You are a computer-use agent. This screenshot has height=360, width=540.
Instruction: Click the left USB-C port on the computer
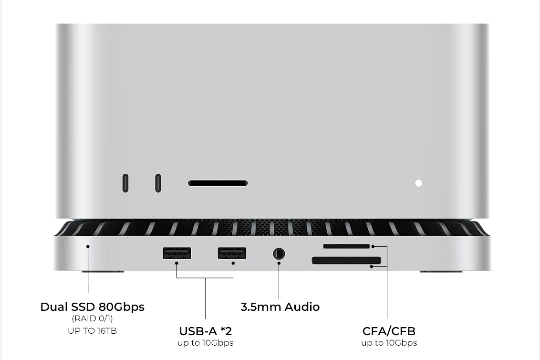pyautogui.click(x=125, y=183)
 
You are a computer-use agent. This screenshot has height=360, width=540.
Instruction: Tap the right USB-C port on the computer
pyautogui.click(x=158, y=183)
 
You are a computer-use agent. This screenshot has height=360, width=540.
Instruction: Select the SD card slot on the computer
pyautogui.click(x=218, y=183)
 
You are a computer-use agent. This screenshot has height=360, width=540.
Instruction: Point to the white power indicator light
pyautogui.click(x=418, y=183)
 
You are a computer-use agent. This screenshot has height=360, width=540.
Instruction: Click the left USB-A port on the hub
pyautogui.click(x=177, y=253)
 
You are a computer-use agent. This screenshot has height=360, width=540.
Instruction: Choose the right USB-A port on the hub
pyautogui.click(x=232, y=253)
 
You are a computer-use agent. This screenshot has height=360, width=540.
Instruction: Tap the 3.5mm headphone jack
pyautogui.click(x=279, y=253)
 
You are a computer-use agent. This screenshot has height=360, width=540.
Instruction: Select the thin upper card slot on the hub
pyautogui.click(x=346, y=246)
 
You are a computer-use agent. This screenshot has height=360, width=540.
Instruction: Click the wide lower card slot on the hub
pyautogui.click(x=346, y=260)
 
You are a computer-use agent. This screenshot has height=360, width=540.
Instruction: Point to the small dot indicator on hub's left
pyautogui.click(x=88, y=247)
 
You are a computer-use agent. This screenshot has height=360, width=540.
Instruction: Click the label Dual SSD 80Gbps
pyautogui.click(x=92, y=307)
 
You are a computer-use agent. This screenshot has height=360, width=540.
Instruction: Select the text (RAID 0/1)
pyautogui.click(x=92, y=318)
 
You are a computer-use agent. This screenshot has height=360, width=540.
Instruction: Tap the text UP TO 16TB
pyautogui.click(x=92, y=330)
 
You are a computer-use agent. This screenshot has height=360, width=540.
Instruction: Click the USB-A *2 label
pyautogui.click(x=205, y=331)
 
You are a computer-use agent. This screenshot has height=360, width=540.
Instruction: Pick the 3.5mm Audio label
pyautogui.click(x=280, y=307)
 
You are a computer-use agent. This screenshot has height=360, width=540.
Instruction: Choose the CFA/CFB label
pyautogui.click(x=389, y=331)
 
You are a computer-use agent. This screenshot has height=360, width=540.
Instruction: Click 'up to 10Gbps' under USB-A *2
pyautogui.click(x=205, y=343)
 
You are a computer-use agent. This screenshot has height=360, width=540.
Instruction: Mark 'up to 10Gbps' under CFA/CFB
pyautogui.click(x=389, y=343)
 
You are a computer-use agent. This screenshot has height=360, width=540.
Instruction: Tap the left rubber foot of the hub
pyautogui.click(x=103, y=272)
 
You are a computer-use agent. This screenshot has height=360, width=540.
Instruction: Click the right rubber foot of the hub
pyautogui.click(x=441, y=272)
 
